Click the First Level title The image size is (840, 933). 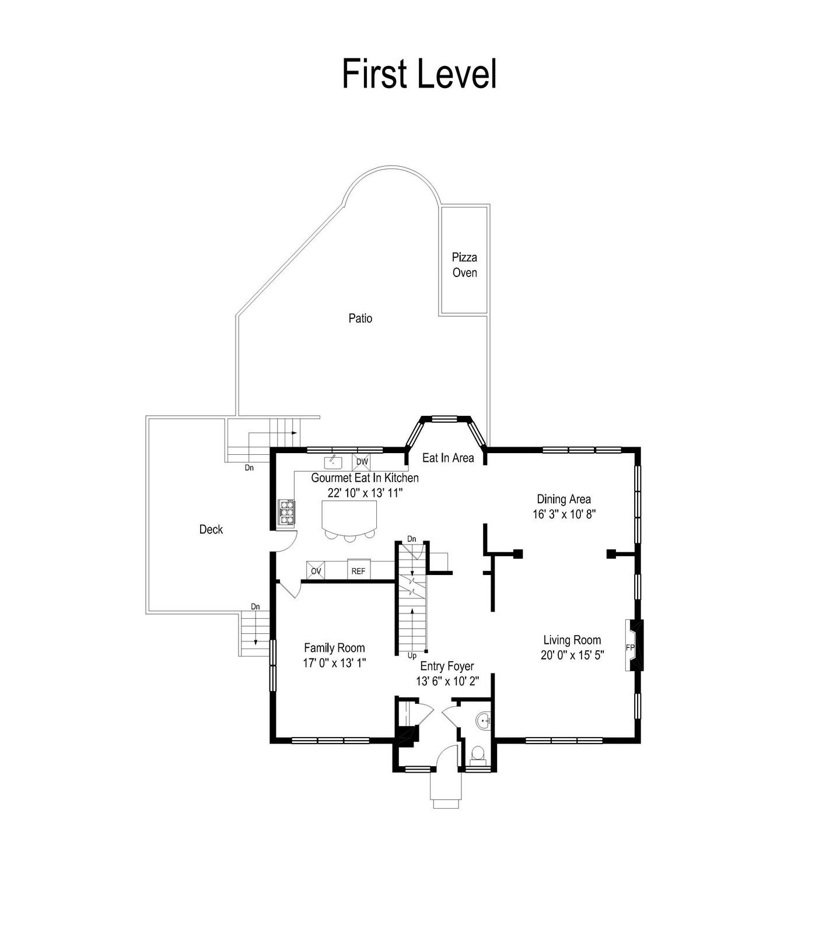[419, 73]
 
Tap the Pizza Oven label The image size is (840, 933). [465, 265]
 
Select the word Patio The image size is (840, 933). [360, 318]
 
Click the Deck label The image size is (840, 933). [211, 529]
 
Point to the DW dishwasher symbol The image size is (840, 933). [362, 462]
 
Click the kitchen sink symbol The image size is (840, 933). [333, 462]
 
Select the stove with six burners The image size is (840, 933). [286, 513]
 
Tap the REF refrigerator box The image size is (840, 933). [358, 570]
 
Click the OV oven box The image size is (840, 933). [316, 570]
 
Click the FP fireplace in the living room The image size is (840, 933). [634, 646]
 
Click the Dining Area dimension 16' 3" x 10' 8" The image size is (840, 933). [563, 514]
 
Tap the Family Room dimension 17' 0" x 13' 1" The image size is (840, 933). [334, 663]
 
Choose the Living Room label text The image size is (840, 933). [572, 640]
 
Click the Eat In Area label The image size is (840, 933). [448, 458]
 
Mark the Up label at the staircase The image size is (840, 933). [412, 655]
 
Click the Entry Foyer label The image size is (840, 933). [447, 666]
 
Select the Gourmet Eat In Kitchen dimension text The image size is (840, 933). [365, 493]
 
